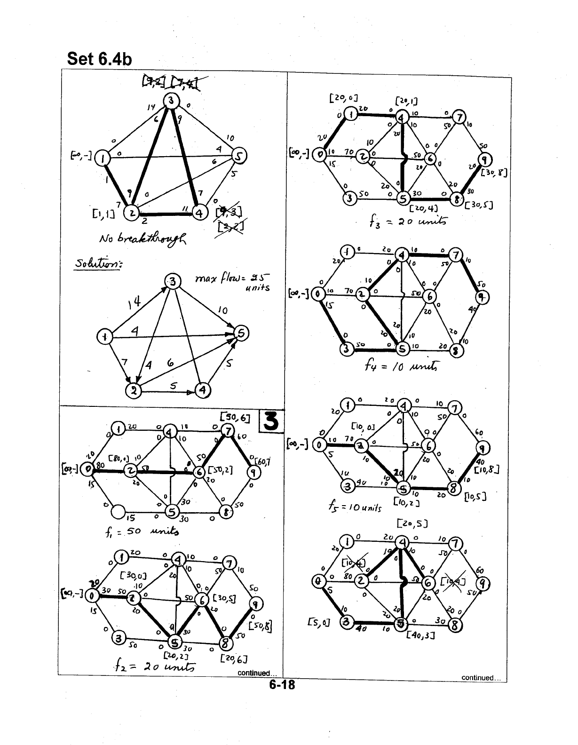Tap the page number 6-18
tap(281, 685)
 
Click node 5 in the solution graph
tap(241, 333)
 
